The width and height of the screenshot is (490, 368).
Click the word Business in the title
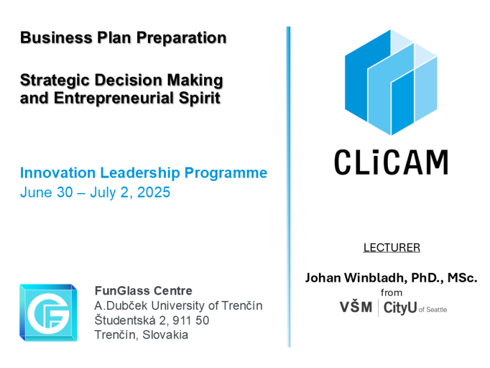57,38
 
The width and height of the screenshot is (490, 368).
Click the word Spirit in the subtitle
200,98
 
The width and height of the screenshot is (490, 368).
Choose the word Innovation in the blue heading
58,172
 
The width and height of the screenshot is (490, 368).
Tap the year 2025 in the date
154,192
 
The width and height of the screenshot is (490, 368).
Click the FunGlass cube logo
48,312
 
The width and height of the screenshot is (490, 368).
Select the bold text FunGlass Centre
144,291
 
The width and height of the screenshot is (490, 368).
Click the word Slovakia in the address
165,335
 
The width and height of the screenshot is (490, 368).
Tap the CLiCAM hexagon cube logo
390,82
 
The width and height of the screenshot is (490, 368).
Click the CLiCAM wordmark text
391,162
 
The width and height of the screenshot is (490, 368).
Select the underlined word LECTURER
392,247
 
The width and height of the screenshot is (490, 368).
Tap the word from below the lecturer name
392,293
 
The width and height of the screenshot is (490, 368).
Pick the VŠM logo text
356,307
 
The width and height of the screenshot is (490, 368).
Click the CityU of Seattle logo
415,307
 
